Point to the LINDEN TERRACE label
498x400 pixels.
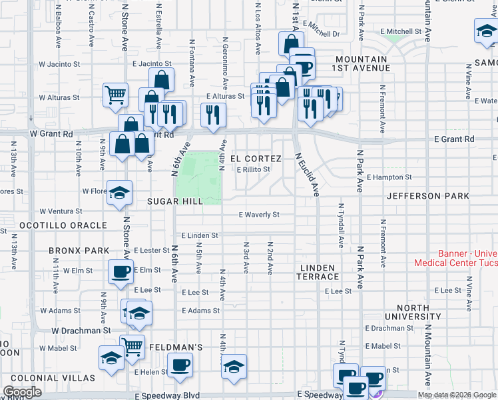click(x=319, y=272)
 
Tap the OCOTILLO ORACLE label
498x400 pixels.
click(x=63, y=225)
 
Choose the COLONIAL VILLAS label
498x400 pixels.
click(x=49, y=378)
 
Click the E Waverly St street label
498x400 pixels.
click(x=259, y=215)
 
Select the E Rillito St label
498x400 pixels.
click(x=254, y=169)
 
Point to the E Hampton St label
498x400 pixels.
click(x=389, y=177)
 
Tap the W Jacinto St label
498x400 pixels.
click(x=59, y=65)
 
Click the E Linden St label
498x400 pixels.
click(x=200, y=235)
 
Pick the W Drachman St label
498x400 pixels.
click(x=81, y=330)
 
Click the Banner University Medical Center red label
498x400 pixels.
click(x=456, y=258)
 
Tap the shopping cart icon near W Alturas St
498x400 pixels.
click(x=116, y=95)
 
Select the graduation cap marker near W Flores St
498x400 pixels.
click(x=120, y=193)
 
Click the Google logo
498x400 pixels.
click(x=23, y=392)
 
